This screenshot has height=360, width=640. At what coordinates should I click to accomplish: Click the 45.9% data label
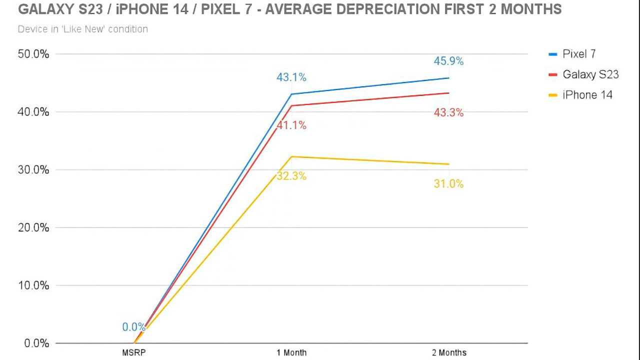[x=448, y=61]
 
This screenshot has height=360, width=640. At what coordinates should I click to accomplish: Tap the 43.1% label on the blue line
[x=291, y=77]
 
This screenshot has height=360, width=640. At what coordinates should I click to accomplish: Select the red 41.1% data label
[x=291, y=125]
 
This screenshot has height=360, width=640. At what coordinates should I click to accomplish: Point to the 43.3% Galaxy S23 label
[x=448, y=113]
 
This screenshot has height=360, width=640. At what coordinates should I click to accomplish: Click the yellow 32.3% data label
[x=291, y=176]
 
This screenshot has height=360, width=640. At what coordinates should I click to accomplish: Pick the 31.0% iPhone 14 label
[x=448, y=184]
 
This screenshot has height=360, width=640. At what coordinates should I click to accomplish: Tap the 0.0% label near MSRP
[x=133, y=327]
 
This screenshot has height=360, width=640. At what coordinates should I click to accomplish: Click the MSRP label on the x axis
[x=134, y=352]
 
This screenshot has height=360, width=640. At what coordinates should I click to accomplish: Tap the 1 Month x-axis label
[x=291, y=352]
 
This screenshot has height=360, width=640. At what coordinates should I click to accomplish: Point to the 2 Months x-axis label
[x=449, y=352]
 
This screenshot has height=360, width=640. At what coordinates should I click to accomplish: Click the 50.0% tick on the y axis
[x=33, y=54]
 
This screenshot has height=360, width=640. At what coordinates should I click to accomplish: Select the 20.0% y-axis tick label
[x=33, y=227]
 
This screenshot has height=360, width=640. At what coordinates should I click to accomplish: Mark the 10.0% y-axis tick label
[x=33, y=285]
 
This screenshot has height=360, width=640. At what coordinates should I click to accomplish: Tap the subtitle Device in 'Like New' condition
[x=83, y=29]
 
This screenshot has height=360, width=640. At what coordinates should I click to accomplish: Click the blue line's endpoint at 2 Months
[x=449, y=78]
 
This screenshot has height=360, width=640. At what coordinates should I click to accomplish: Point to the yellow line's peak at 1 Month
[x=291, y=156]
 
